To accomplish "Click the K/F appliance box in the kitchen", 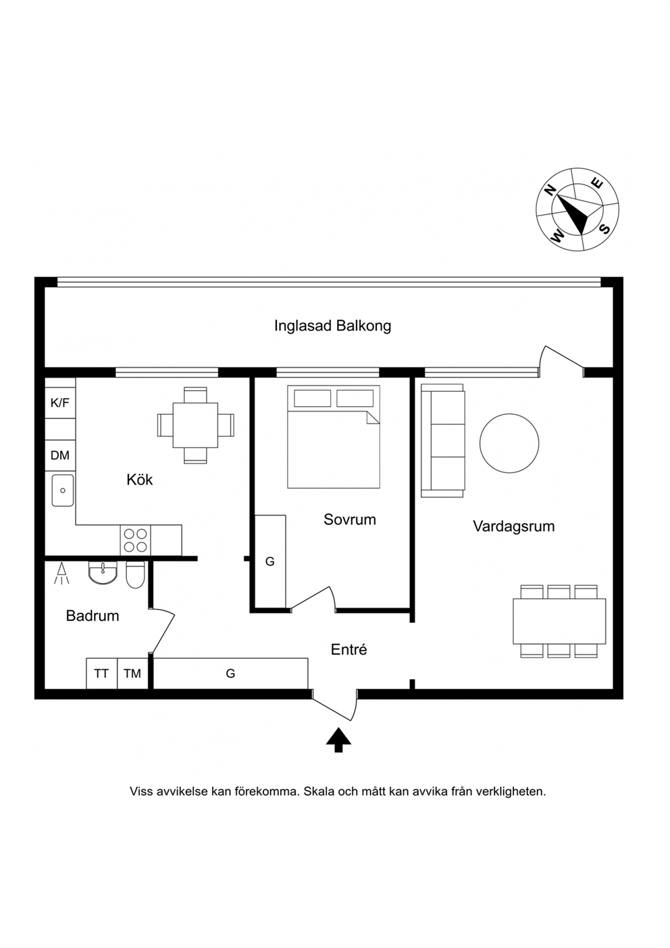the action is coord(60,403).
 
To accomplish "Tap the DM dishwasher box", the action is coord(60,455).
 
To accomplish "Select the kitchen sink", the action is coord(63,491).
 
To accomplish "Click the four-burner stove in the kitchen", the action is coord(136,541).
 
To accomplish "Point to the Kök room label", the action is coord(140,480).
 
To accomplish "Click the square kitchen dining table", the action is coord(195,425).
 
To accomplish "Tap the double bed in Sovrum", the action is coord(334,436).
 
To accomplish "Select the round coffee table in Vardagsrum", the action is coord(509,443).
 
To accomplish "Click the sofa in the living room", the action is coord(443,441).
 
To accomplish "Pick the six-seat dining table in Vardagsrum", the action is coord(559,621).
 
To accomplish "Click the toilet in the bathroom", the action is coord(135,575).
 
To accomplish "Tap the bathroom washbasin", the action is coord(103,572).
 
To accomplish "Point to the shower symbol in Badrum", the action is coord(61,574).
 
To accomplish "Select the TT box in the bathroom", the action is coord(101,674).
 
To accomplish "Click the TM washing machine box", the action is coord(132,674).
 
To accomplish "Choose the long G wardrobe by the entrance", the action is coord(230,674).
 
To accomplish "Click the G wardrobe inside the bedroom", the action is coord(270,562).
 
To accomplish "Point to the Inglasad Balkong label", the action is coord(332,326).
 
